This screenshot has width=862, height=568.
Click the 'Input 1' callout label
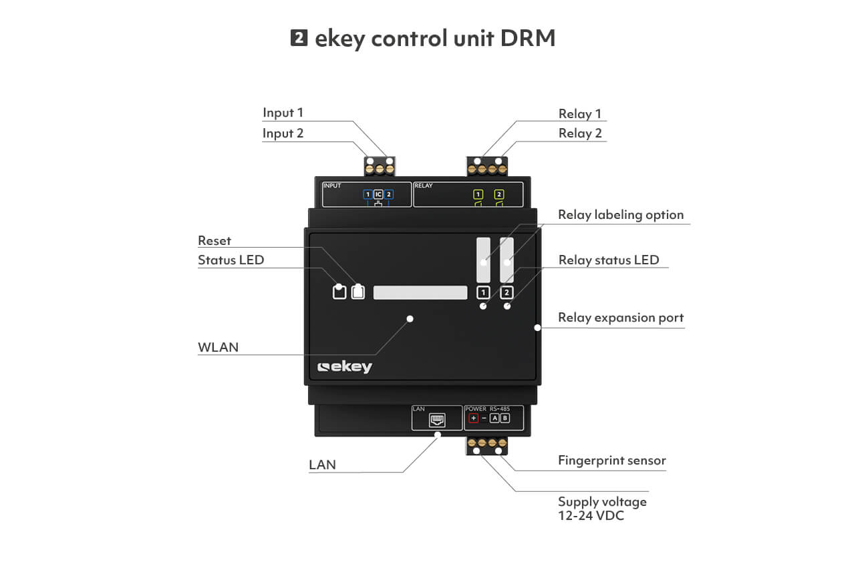pyautogui.click(x=283, y=113)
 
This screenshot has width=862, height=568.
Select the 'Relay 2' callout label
pyautogui.click(x=580, y=133)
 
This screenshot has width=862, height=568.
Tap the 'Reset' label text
pyautogui.click(x=214, y=240)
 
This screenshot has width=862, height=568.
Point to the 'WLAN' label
pyautogui.click(x=219, y=347)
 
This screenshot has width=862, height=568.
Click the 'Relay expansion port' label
pyautogui.click(x=621, y=318)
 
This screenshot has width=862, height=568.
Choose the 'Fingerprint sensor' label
pyautogui.click(x=612, y=461)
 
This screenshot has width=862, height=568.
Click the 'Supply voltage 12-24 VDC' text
pyautogui.click(x=602, y=509)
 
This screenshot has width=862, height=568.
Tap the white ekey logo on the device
pyautogui.click(x=345, y=367)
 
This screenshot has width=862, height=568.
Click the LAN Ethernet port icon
pyautogui.click(x=437, y=420)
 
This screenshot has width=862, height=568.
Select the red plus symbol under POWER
pyautogui.click(x=474, y=418)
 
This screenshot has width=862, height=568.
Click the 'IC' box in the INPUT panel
pyautogui.click(x=378, y=194)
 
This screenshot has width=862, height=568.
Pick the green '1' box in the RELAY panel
pyautogui.click(x=478, y=194)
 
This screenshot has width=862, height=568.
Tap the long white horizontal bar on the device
pyautogui.click(x=420, y=292)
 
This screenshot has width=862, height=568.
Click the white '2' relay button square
pyautogui.click(x=507, y=293)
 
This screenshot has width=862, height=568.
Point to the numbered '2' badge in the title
pyautogui.click(x=299, y=38)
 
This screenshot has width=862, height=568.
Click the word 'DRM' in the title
pyautogui.click(x=528, y=38)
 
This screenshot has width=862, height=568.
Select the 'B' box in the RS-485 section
pyautogui.click(x=505, y=418)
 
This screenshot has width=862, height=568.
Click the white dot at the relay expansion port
pyautogui.click(x=538, y=328)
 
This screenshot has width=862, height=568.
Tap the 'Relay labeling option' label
pyautogui.click(x=621, y=215)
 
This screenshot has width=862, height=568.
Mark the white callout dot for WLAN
pyautogui.click(x=410, y=319)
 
